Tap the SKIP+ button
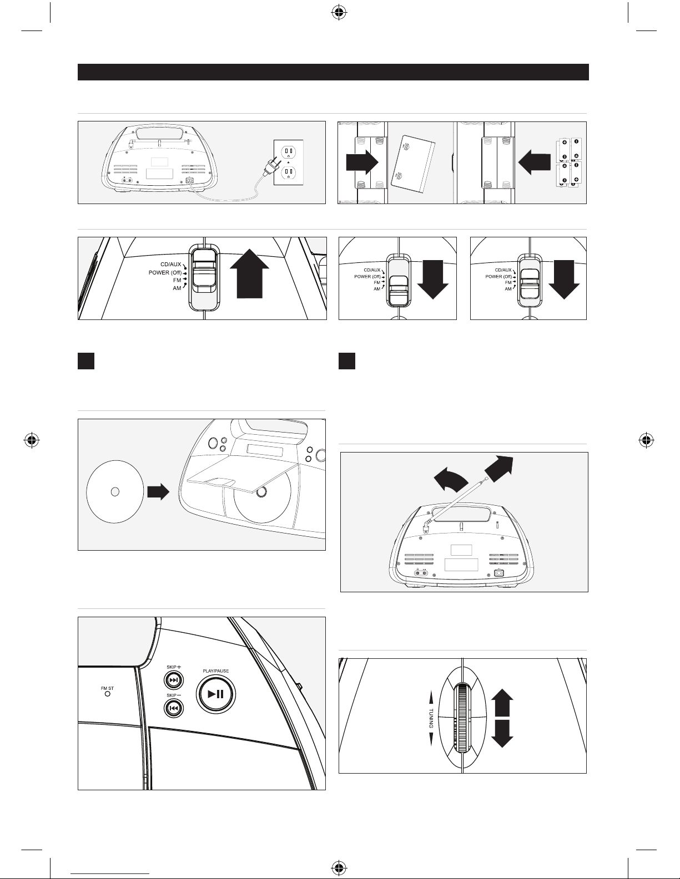(174, 680)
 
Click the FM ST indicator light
(107, 694)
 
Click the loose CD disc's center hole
(114, 491)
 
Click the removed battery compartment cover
(413, 162)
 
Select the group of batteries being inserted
(568, 162)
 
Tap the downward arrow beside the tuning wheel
(502, 735)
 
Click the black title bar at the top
(333, 72)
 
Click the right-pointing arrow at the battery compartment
(361, 162)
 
